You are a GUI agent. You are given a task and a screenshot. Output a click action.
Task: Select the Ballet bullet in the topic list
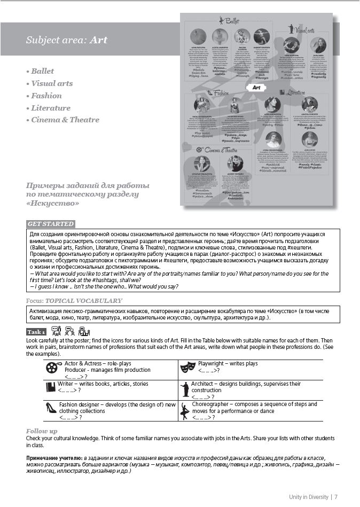43,71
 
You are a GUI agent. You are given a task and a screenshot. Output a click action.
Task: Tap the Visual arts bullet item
51,83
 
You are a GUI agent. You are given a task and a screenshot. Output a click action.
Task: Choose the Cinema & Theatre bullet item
65,120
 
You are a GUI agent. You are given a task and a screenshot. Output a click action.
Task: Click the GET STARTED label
51,224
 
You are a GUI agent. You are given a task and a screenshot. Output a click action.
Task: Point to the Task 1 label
37,332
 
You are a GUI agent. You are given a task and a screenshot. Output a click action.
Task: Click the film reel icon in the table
52,367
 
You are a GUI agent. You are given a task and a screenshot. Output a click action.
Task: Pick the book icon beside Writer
51,387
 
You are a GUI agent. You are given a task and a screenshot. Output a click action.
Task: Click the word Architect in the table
204,384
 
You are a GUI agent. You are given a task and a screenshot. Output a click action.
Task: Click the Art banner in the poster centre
256,87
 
